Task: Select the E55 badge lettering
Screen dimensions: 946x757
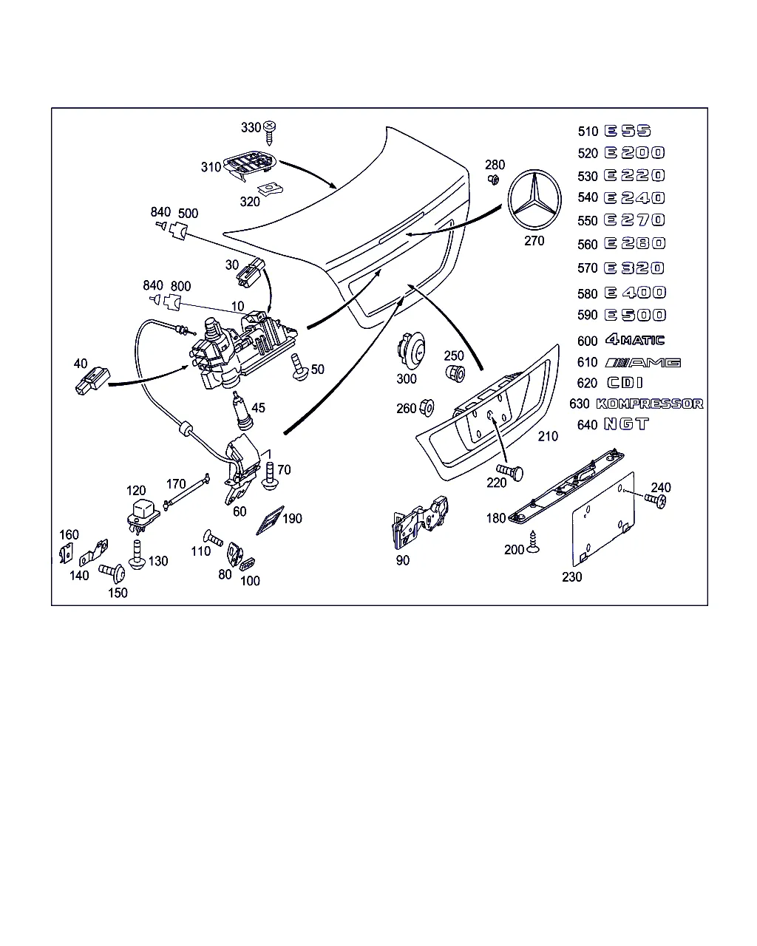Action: click(628, 131)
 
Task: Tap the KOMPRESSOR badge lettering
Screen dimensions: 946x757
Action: click(649, 404)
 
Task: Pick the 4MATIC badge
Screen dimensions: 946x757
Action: click(634, 340)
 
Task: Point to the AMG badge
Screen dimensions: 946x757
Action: click(642, 362)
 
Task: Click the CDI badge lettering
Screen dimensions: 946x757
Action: click(625, 383)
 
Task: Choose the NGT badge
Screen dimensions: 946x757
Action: click(626, 424)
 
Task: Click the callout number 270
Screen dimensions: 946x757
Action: click(534, 241)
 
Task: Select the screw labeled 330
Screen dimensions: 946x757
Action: click(271, 132)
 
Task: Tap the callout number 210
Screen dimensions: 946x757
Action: click(548, 437)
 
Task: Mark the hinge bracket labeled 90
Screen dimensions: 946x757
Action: click(418, 523)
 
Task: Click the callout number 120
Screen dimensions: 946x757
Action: click(136, 491)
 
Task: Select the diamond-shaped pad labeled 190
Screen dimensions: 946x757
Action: click(270, 520)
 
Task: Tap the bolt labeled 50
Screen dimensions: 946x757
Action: click(300, 367)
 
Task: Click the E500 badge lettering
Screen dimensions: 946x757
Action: click(635, 315)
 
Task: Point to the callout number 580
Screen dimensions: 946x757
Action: click(587, 293)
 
